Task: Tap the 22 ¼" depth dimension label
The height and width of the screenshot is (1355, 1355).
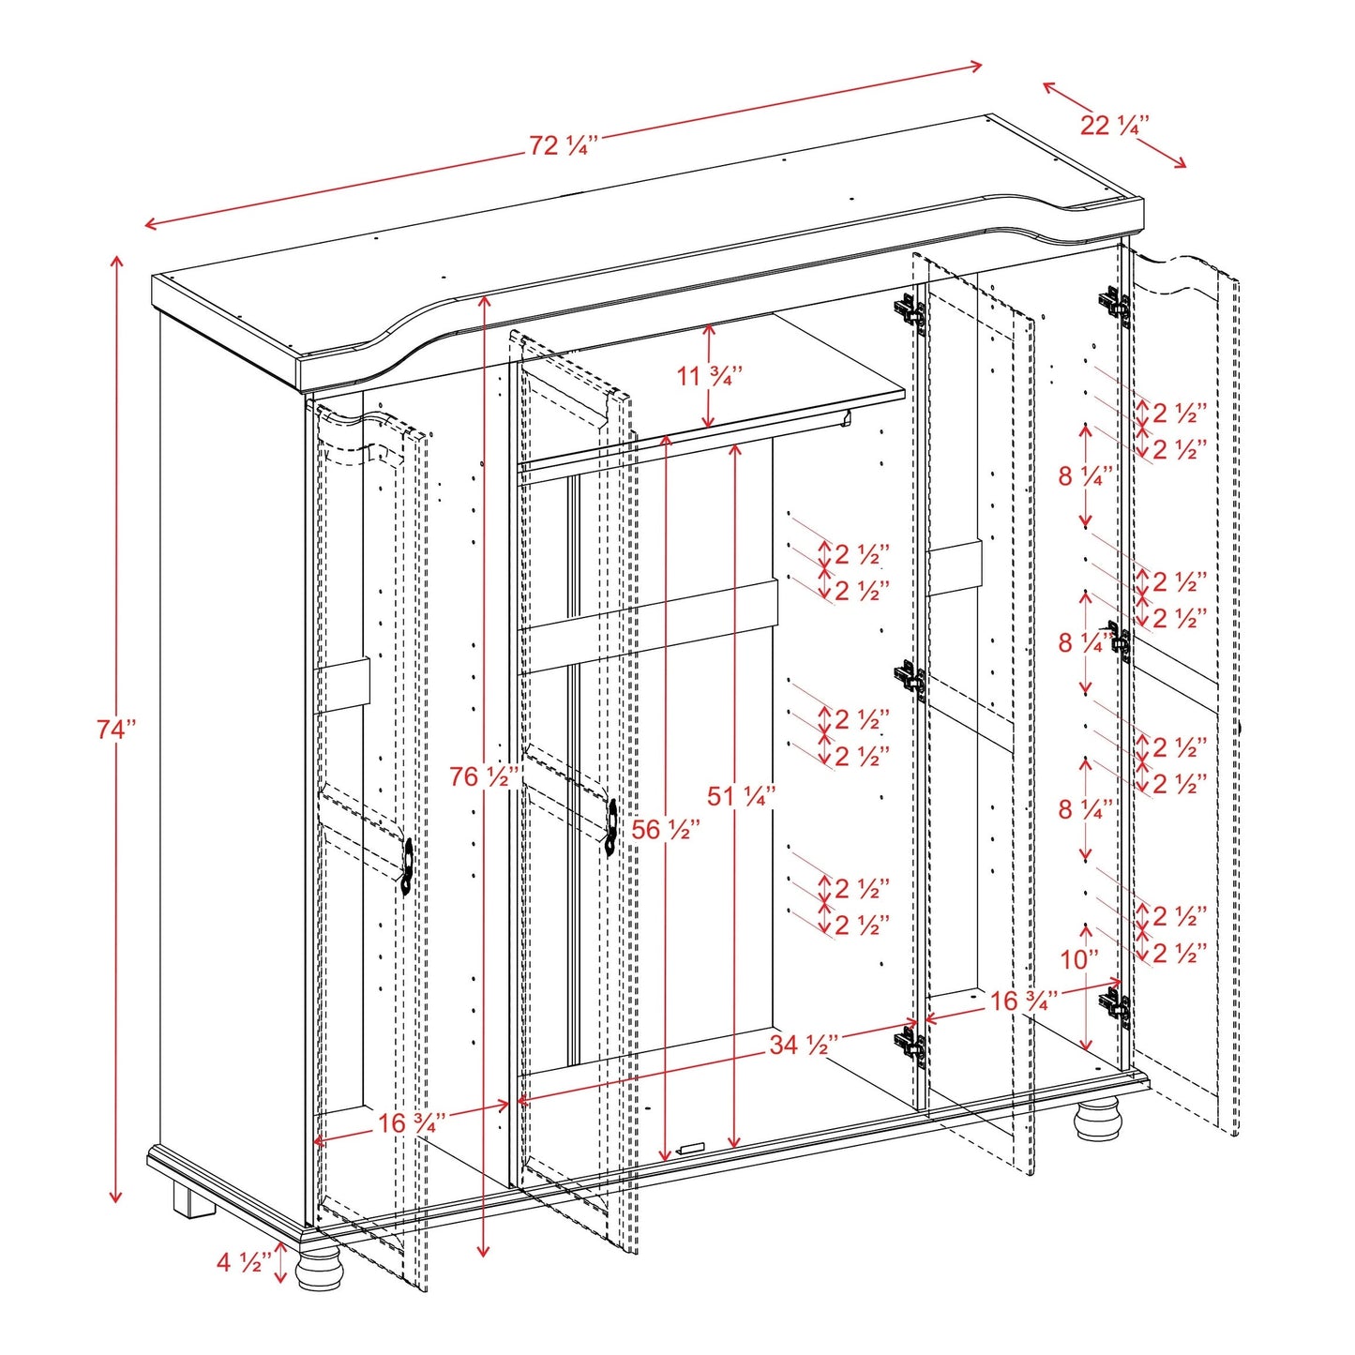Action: (x=1114, y=125)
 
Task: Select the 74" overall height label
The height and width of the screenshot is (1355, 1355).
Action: (x=116, y=729)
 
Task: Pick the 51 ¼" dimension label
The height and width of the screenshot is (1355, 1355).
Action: (x=741, y=796)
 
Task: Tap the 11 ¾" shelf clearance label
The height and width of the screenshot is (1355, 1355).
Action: (x=710, y=376)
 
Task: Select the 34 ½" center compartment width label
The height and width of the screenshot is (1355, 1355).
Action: (x=804, y=1045)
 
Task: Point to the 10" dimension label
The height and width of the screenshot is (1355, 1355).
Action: (x=1079, y=959)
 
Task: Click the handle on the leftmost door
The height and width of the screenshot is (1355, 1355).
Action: (x=408, y=866)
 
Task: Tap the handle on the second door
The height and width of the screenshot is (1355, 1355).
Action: (x=610, y=827)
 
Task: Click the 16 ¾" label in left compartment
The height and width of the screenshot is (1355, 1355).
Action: (x=412, y=1122)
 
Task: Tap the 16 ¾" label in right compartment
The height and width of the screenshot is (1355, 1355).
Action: (x=1024, y=1001)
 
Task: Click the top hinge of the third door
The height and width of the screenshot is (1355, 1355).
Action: (x=909, y=312)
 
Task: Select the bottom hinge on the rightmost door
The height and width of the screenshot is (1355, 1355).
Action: (x=1115, y=1007)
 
